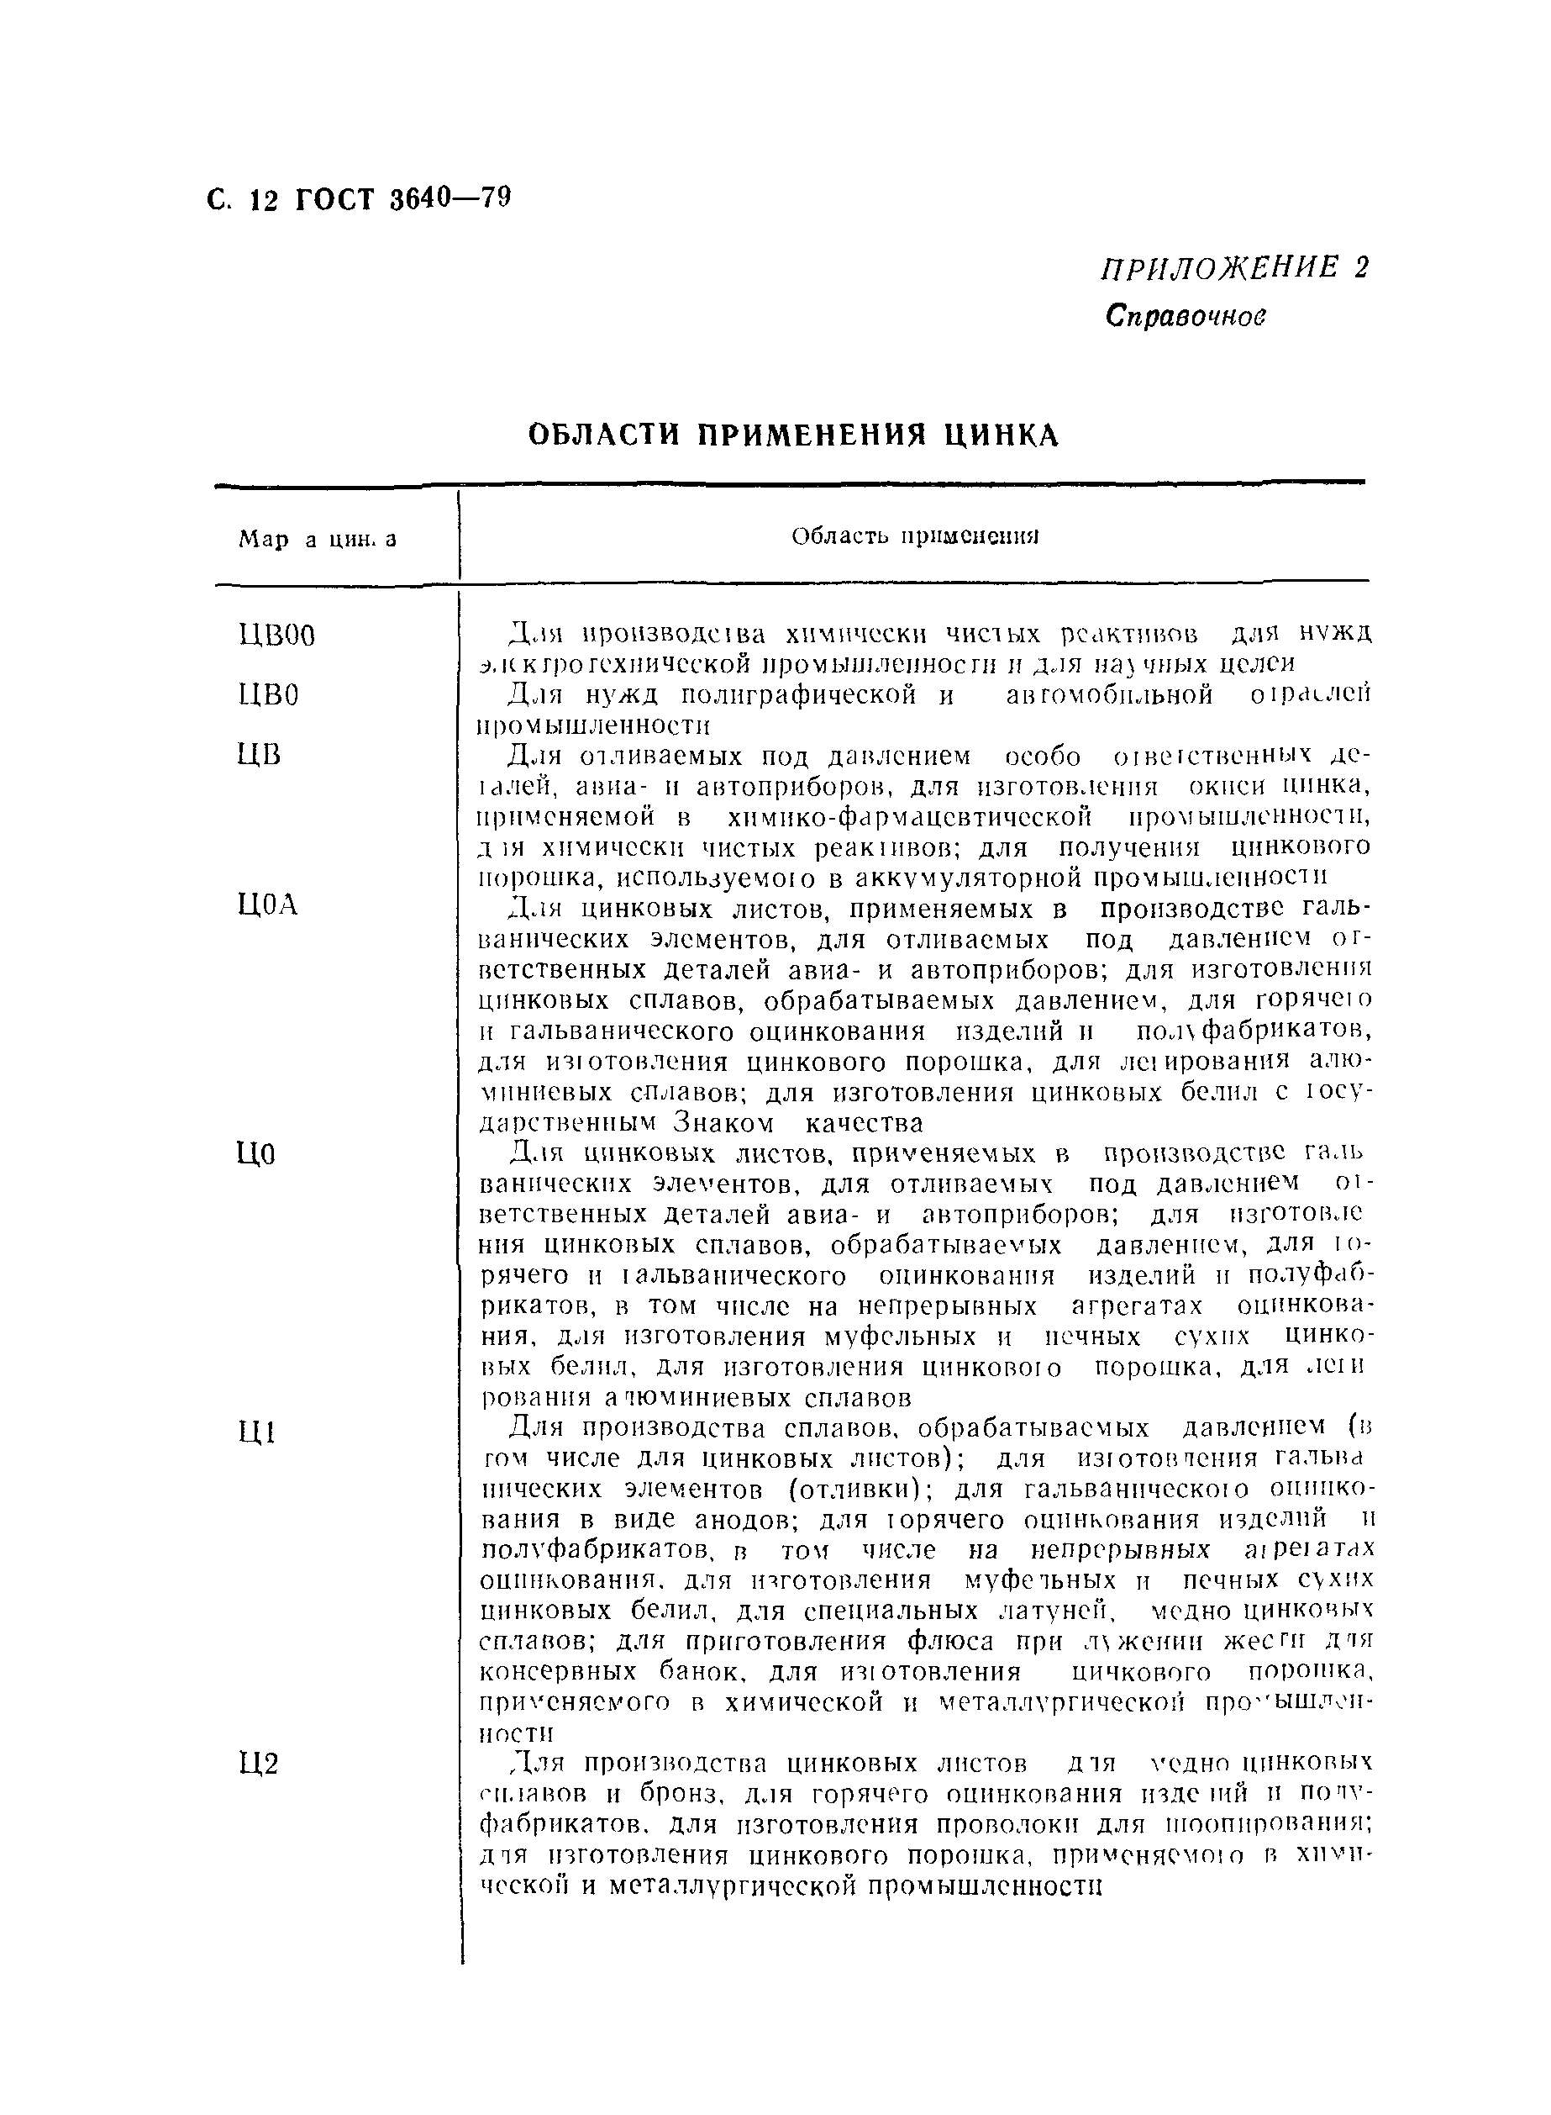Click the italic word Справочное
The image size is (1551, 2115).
1186,317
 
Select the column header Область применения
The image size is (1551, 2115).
914,536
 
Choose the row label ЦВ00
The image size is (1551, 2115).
277,636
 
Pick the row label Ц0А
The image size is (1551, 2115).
269,905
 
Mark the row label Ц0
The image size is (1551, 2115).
257,1154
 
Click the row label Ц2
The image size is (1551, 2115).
259,1764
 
